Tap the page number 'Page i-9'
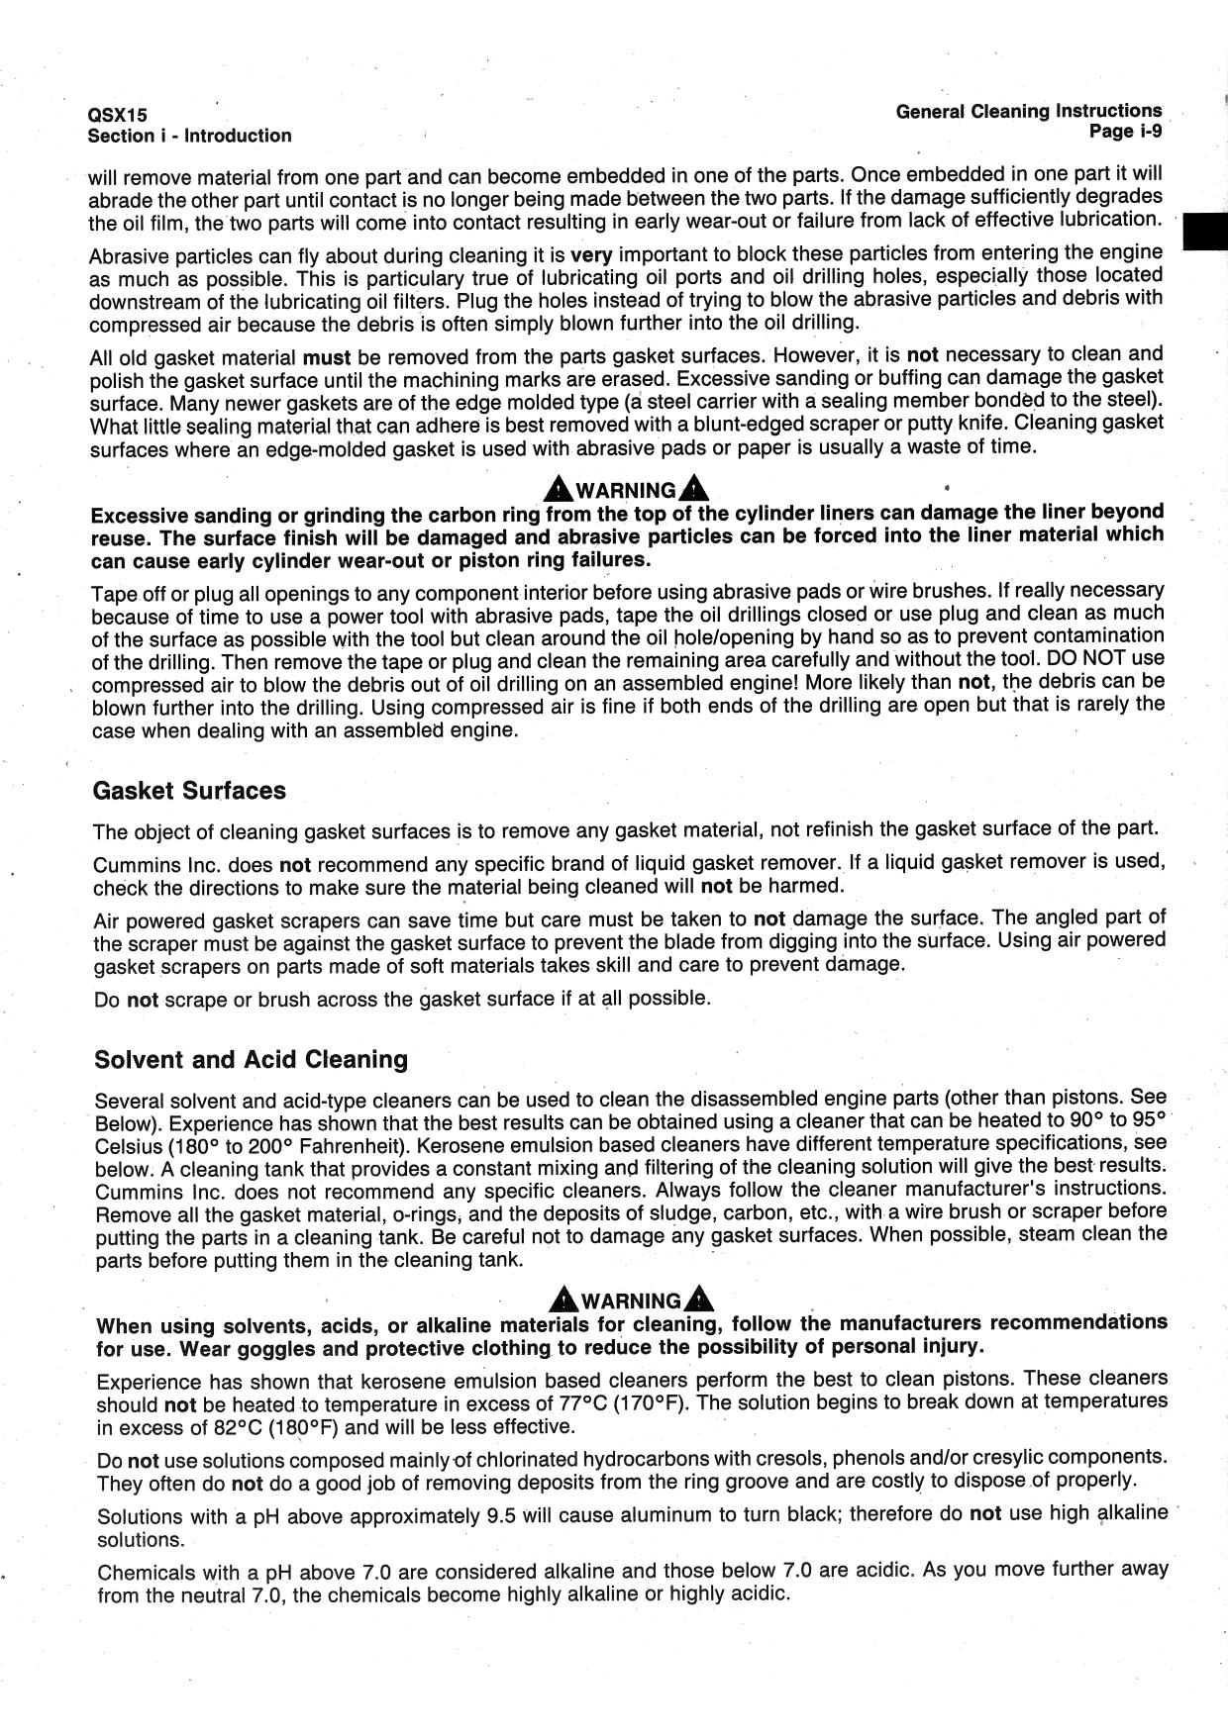[x=1125, y=132]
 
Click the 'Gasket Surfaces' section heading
[x=188, y=791]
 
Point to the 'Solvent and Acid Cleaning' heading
[x=251, y=1060]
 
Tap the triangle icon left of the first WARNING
[x=559, y=489]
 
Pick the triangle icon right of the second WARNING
[x=699, y=1299]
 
